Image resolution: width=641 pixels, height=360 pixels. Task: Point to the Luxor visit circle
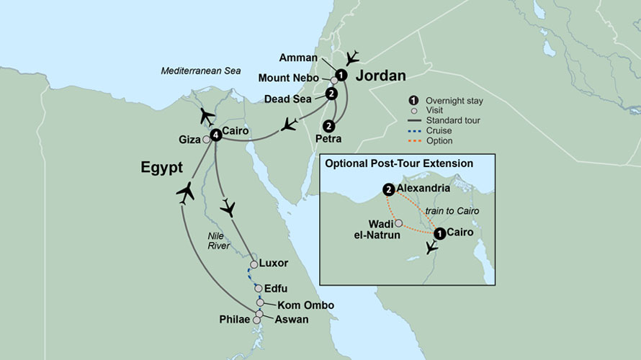click(254, 264)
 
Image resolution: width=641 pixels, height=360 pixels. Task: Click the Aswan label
click(287, 320)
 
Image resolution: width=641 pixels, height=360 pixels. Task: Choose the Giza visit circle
click(207, 139)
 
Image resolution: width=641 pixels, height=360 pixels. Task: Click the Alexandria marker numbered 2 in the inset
click(390, 190)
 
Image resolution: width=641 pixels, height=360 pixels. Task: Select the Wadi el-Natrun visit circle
click(399, 223)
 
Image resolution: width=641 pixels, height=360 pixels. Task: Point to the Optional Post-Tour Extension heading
click(399, 163)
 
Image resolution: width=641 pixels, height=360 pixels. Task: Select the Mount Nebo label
click(295, 77)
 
